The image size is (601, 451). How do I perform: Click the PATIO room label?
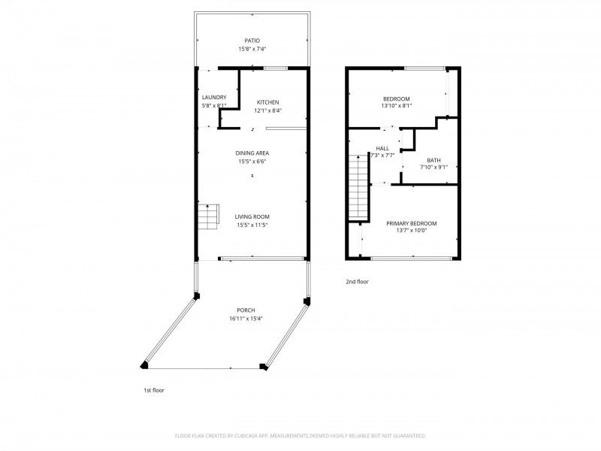coord(252,41)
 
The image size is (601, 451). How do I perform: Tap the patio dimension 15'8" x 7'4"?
coord(252,49)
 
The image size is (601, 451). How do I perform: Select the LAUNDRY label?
coord(214,97)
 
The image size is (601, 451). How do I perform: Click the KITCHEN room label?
coord(268,102)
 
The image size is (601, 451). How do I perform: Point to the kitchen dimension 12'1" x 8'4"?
coord(268,110)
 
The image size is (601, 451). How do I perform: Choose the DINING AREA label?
coord(252,153)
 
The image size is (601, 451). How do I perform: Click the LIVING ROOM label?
coord(252,216)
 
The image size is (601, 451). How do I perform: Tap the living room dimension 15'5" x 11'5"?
coord(252,224)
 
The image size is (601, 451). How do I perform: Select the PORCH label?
coord(246,310)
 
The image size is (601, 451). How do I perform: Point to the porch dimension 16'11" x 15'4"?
coord(246,318)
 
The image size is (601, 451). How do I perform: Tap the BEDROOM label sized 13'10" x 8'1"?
coord(396,98)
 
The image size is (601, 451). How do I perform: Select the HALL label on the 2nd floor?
coord(382,148)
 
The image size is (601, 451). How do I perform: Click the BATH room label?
coord(433,159)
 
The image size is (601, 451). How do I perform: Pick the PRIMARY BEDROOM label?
coord(411,223)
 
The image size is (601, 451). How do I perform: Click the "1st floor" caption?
coord(153,390)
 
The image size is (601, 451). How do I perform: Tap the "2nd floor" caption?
coord(357,281)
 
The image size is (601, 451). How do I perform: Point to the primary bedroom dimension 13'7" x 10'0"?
coord(411,232)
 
